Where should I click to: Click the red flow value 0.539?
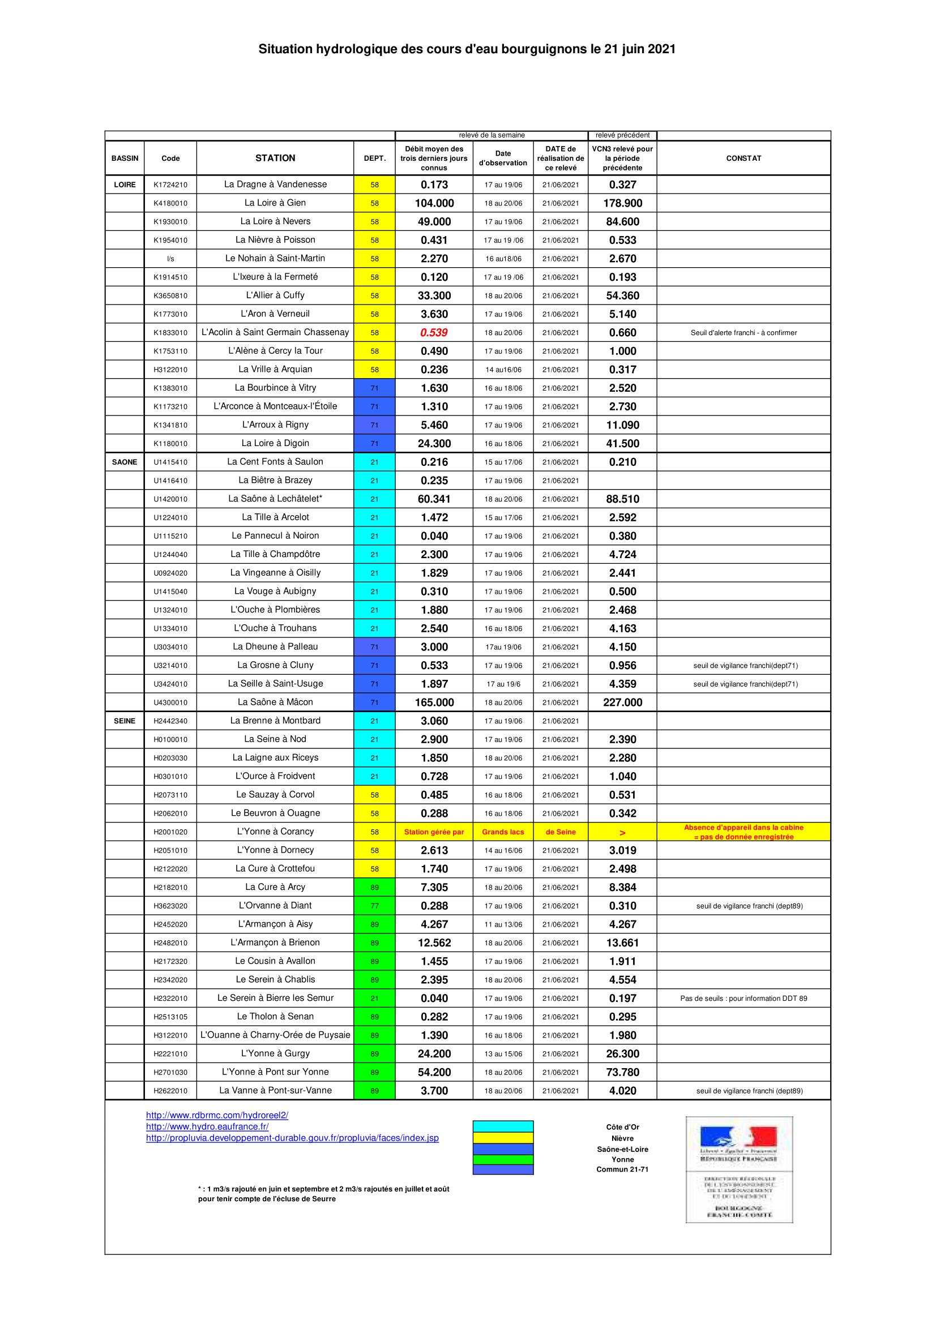[x=434, y=333]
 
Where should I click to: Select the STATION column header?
[x=275, y=158]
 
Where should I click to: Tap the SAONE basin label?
[x=125, y=462]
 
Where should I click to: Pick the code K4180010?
[x=170, y=203]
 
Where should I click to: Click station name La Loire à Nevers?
[x=275, y=221]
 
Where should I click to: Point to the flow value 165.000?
[x=434, y=702]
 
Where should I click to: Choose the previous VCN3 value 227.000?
[x=622, y=702]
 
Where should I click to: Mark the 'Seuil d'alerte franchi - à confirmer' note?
[x=743, y=333]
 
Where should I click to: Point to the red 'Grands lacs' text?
[x=503, y=832]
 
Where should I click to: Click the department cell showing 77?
[x=374, y=906]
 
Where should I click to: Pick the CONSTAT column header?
[x=743, y=158]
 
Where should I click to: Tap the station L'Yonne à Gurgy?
[x=275, y=1053]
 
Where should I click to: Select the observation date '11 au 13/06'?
[x=503, y=924]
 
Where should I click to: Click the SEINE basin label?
[x=125, y=721]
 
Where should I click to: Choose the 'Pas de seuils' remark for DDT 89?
[x=743, y=998]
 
